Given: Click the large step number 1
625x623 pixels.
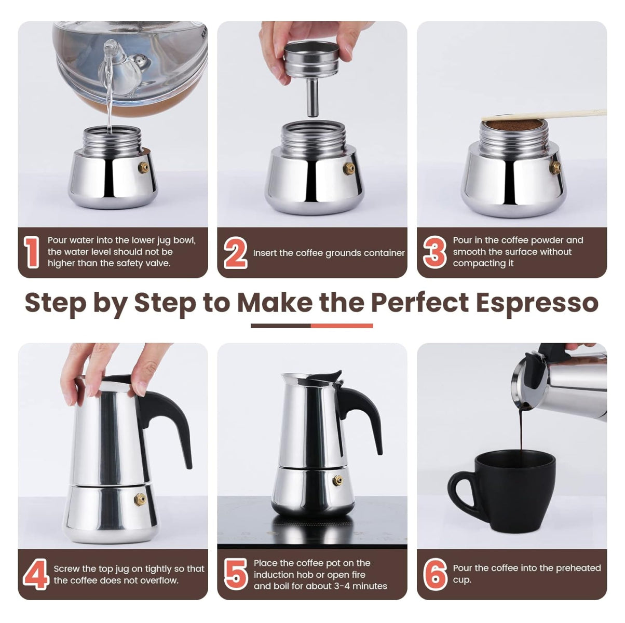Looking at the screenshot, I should (32, 252).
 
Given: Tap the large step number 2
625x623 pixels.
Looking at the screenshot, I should (235, 253).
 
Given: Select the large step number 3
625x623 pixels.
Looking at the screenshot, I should (434, 252).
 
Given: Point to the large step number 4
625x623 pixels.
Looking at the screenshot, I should (36, 574).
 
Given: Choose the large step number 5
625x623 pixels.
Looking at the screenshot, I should (236, 574).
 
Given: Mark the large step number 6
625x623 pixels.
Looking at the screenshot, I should (435, 574).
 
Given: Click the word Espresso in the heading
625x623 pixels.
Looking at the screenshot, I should (537, 302).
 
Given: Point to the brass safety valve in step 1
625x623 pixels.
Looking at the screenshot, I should (143, 167).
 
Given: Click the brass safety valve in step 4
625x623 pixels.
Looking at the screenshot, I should (140, 499).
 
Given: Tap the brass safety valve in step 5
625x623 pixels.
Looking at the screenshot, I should (337, 481).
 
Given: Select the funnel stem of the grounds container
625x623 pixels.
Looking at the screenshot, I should (312, 99).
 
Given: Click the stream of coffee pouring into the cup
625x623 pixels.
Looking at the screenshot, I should (521, 431).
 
